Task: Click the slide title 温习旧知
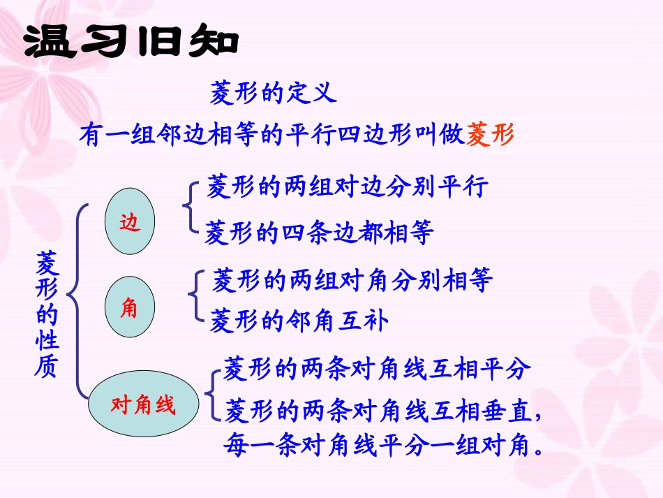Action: click(x=131, y=43)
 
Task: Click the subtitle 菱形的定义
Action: click(x=273, y=91)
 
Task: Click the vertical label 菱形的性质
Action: click(x=47, y=314)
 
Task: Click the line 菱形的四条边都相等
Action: click(x=319, y=232)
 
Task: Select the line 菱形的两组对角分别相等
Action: click(x=352, y=280)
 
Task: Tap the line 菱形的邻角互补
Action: click(x=299, y=321)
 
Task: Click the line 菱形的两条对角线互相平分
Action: click(x=377, y=369)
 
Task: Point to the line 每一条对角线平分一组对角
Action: click(x=384, y=446)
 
